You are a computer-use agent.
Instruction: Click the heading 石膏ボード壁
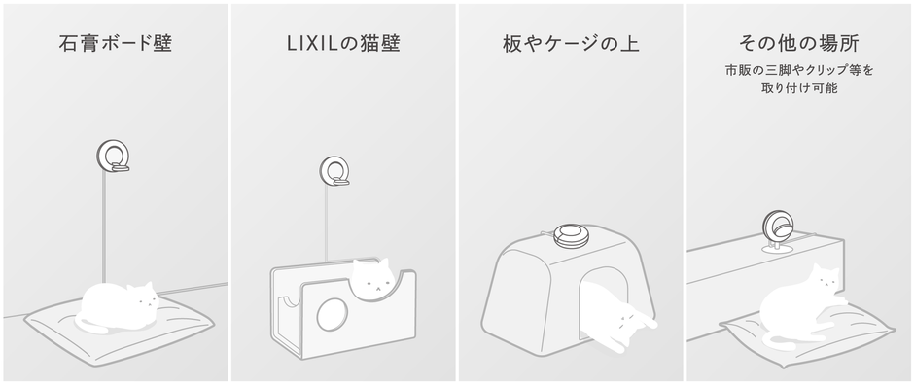click(115, 45)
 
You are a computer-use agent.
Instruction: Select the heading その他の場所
click(799, 45)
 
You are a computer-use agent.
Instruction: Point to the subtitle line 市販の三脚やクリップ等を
click(799, 71)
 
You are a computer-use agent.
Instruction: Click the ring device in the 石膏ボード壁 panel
click(113, 157)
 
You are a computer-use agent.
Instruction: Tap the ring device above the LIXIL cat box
click(335, 171)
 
